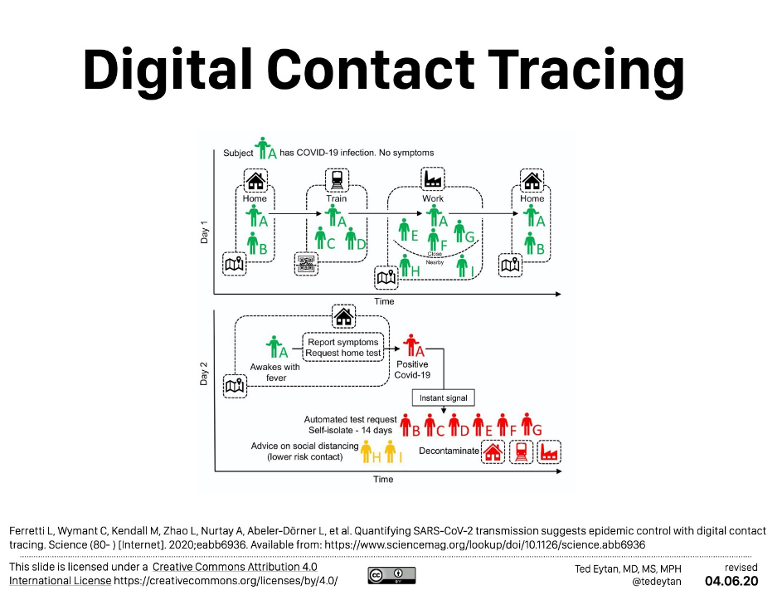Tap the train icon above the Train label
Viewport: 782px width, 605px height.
point(337,180)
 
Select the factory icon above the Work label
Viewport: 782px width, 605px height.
point(433,180)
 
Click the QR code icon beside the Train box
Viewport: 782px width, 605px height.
point(306,265)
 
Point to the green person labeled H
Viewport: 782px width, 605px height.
point(405,266)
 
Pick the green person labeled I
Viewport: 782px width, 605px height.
point(462,266)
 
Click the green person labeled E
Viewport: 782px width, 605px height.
point(404,230)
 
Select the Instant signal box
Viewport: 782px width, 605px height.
point(444,398)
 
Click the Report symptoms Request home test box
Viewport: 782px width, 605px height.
point(342,348)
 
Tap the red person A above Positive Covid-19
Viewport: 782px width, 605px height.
point(410,346)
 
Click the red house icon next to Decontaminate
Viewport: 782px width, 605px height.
point(493,452)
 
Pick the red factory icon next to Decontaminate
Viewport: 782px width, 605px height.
point(548,452)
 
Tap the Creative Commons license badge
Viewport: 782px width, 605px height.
point(391,574)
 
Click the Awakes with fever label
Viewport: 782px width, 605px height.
point(274,373)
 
